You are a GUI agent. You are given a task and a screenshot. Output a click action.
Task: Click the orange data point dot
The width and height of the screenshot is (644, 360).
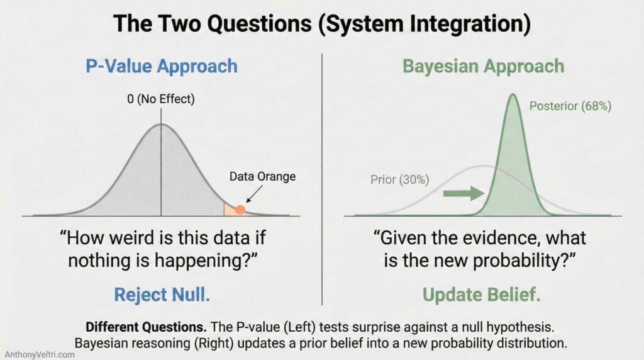[x=240, y=209]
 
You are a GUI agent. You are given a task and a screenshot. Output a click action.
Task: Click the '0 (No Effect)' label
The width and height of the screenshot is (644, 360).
[x=161, y=99]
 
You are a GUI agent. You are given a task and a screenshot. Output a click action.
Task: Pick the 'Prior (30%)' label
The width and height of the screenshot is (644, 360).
[x=399, y=180]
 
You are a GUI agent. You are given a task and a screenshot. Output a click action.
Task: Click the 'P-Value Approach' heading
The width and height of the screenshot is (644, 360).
[x=161, y=66]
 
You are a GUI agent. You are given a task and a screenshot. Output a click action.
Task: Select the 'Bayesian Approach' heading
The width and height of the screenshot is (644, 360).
[x=482, y=66]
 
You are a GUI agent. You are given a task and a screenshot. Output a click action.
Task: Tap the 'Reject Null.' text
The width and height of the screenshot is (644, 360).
[x=161, y=295]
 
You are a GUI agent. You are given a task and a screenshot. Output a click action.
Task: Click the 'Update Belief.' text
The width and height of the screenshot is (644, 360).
[x=482, y=295]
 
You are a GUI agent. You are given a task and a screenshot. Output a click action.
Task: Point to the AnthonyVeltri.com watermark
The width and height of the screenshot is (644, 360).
[x=39, y=354]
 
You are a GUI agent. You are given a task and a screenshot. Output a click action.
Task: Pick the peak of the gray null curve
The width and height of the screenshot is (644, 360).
[x=161, y=124]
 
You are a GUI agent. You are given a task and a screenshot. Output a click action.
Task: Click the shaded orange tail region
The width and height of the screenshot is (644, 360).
[x=231, y=210]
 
